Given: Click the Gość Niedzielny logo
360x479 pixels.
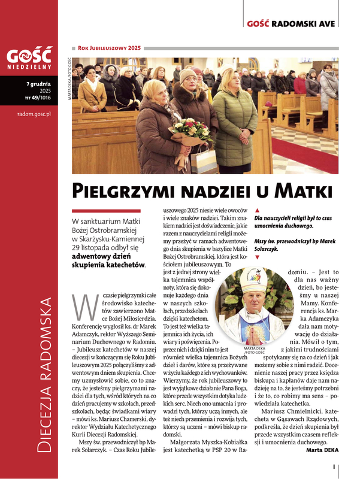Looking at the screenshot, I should (29, 59).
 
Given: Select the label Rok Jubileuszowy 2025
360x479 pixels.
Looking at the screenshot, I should (110, 47).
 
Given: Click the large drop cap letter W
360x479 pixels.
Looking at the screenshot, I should (81, 307).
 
